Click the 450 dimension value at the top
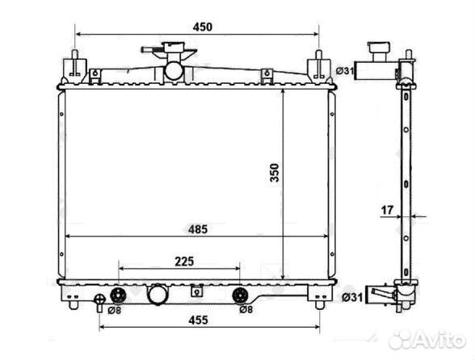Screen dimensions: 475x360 point(203,27)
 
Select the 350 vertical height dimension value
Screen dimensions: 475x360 point(275,173)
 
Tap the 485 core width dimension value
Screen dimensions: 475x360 point(198,229)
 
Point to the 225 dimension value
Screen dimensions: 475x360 point(184,262)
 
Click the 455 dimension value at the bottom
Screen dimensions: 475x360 point(199,320)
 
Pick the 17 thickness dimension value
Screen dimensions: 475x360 point(387,210)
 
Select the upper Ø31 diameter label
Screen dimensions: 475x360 point(345,71)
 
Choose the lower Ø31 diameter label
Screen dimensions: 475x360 point(352,297)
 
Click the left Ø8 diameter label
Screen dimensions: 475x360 point(115,310)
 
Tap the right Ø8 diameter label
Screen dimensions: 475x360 point(246,309)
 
